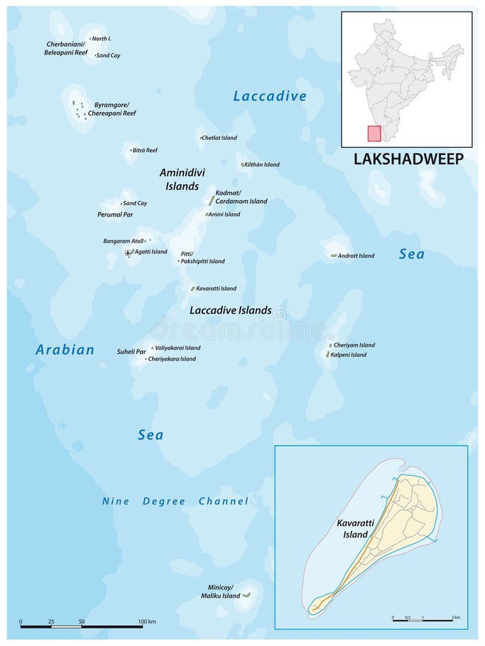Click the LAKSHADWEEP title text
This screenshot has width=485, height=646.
tap(408, 159)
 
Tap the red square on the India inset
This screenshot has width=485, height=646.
tap(374, 134)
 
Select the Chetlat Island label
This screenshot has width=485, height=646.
tap(220, 138)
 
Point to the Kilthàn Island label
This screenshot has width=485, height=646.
tap(262, 164)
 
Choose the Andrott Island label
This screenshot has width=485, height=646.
tap(357, 256)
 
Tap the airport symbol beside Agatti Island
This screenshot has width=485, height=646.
tap(128, 253)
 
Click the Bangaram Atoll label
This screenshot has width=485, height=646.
tap(123, 240)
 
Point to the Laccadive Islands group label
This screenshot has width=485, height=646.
tap(230, 311)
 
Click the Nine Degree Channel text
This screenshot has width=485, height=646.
tap(175, 502)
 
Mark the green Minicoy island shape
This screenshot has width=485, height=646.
tap(246, 594)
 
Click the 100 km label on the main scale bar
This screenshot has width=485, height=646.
tap(146, 620)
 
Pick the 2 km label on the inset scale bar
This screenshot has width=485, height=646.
tap(455, 617)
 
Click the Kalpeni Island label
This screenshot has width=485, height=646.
tap(349, 355)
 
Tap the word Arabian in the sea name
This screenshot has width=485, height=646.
tap(65, 350)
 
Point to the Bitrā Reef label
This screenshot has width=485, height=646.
tap(144, 150)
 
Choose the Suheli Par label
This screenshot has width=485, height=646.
tap(131, 352)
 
